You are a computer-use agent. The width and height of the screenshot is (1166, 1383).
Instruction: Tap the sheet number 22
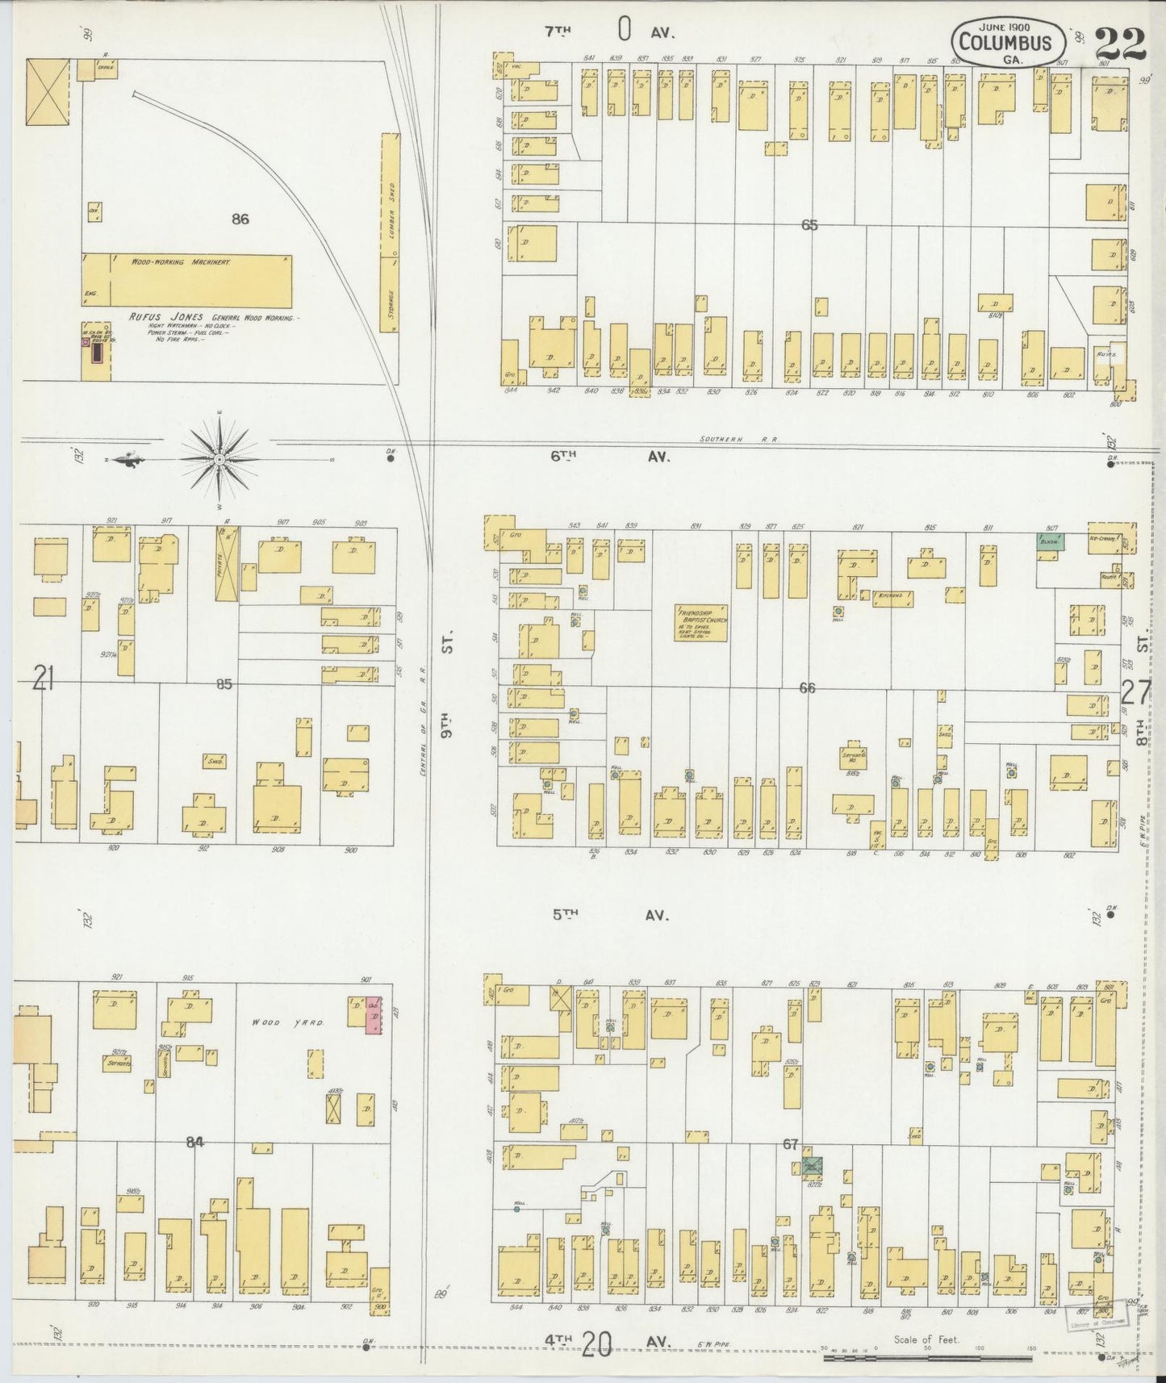tap(1121, 41)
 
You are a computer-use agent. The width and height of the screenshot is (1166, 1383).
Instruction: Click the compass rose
tap(219, 459)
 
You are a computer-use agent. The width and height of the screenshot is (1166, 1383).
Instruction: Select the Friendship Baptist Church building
tap(701, 624)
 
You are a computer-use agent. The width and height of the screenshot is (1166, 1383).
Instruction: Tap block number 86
tap(240, 219)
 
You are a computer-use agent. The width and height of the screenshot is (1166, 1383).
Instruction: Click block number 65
tap(809, 225)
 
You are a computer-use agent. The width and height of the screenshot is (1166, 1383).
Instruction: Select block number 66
tap(807, 688)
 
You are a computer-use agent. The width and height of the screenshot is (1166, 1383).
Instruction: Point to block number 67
tap(790, 1144)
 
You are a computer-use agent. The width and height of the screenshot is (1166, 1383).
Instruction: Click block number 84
tap(194, 1142)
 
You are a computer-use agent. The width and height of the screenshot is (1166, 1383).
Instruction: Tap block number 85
tap(224, 684)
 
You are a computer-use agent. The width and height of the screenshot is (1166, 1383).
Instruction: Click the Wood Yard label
tap(276, 1023)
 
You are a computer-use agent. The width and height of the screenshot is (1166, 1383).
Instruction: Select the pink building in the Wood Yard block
tap(373, 1016)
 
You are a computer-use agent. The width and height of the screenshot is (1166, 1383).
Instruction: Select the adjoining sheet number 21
tap(43, 682)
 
